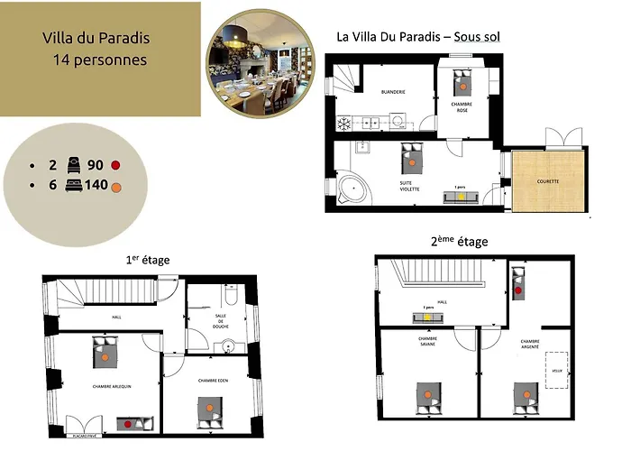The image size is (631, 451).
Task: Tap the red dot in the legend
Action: coord(116,165)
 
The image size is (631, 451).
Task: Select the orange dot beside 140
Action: coord(116,185)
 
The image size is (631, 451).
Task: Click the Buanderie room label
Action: coord(393,91)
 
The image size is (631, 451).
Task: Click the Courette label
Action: coord(548,181)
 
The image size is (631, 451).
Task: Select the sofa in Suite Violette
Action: coord(460,196)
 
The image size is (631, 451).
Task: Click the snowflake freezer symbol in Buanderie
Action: coord(343,122)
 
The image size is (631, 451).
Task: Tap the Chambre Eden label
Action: coord(214,381)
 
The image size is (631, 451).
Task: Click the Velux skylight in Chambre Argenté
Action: coord(556,371)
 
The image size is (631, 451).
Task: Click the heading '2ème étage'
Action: coord(460,242)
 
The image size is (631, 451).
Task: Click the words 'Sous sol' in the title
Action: coord(479,37)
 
